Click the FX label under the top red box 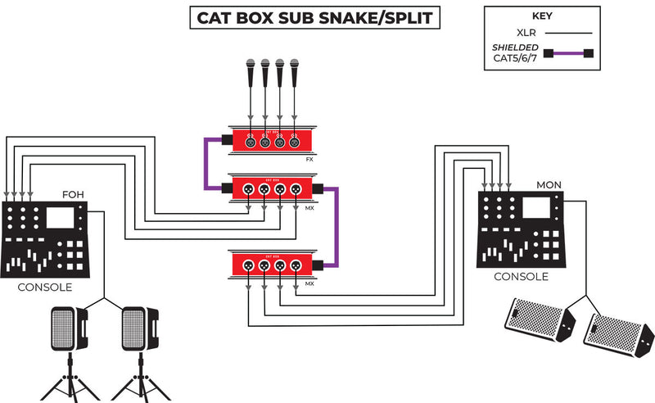[x=309, y=160]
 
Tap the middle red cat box [x=272, y=189]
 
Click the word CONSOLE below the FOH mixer [x=44, y=288]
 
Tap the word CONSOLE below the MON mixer [x=521, y=277]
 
